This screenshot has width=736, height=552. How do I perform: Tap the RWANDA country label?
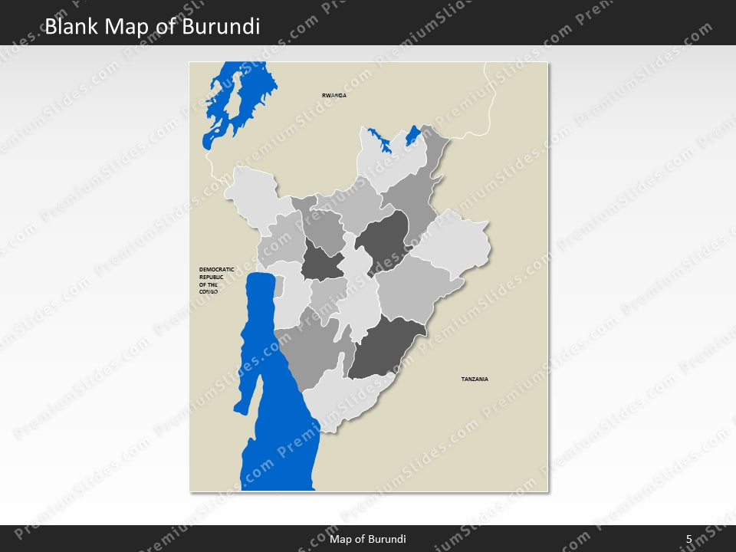(x=334, y=95)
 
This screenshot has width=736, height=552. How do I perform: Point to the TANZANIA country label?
(x=475, y=379)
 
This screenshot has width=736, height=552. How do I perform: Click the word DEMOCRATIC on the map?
(x=216, y=269)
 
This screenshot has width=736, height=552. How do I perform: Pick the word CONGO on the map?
(x=209, y=292)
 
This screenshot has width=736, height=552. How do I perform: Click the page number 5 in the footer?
(x=688, y=539)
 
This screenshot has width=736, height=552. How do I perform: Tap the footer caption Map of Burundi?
(x=368, y=539)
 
